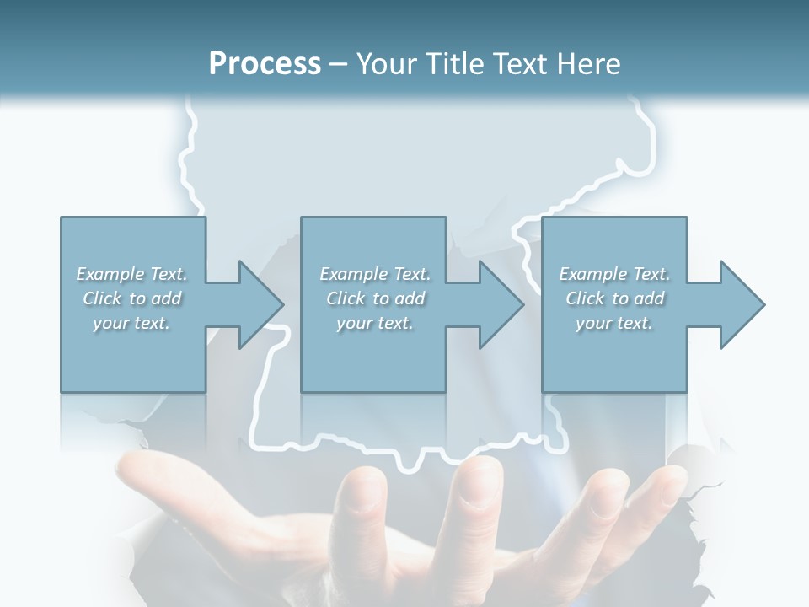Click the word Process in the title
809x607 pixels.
pos(265,64)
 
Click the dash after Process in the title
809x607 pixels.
pos(339,66)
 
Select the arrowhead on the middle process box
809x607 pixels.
pos(500,304)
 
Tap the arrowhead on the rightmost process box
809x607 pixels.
pos(741,304)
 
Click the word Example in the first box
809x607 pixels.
pos(110,274)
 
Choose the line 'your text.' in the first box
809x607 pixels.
pos(131,323)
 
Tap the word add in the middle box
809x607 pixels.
pos(410,298)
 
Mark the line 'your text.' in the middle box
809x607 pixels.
pos(375,323)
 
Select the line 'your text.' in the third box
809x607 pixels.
pos(614,323)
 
